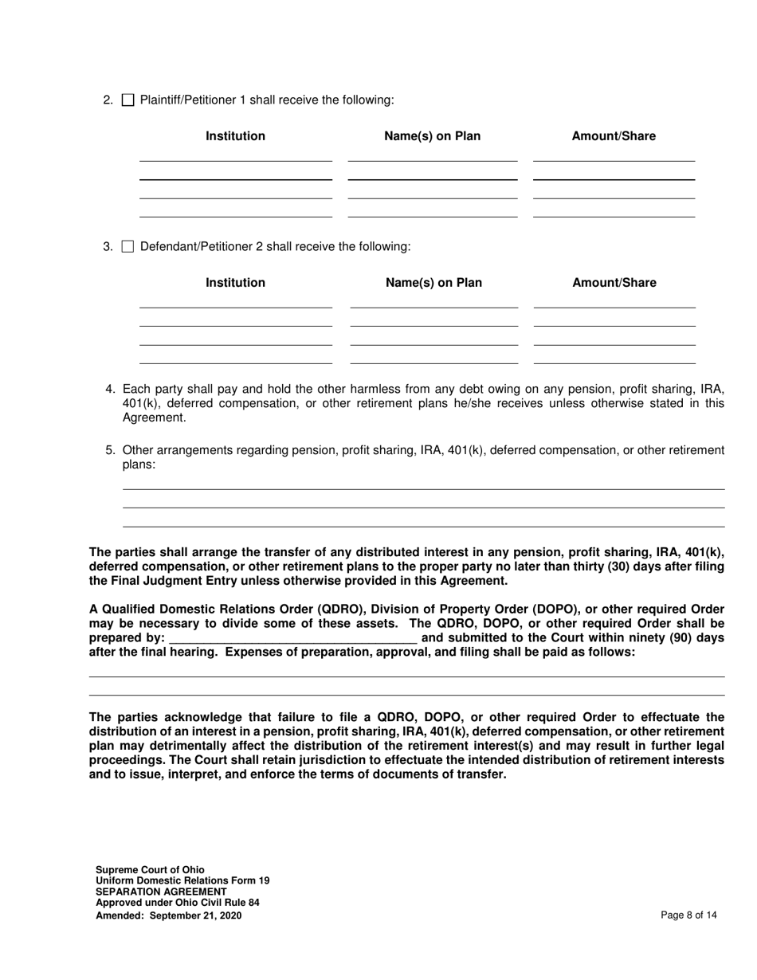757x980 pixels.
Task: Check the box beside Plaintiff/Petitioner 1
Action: tap(127, 100)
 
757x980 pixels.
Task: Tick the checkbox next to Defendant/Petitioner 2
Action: tap(127, 247)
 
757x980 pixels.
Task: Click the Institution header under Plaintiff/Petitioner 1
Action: tap(235, 136)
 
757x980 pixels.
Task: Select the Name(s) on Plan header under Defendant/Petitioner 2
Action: tap(433, 283)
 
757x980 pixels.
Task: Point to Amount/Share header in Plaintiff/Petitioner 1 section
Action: tap(614, 136)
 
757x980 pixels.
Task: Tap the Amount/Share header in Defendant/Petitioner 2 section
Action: tap(614, 283)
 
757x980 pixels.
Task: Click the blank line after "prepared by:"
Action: tap(292, 638)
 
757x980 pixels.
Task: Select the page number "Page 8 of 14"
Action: tap(688, 915)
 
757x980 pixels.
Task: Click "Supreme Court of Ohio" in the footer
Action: tap(150, 870)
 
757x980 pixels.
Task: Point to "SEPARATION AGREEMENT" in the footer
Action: tap(161, 892)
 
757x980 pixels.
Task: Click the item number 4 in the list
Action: tap(111, 390)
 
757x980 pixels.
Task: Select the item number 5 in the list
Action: tap(111, 450)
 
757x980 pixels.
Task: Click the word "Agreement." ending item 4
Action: tap(154, 418)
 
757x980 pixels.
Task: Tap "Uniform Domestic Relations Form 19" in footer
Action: tap(182, 881)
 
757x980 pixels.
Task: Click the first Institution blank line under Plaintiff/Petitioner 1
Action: tap(235, 160)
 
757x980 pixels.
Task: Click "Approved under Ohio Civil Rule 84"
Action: tap(177, 904)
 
